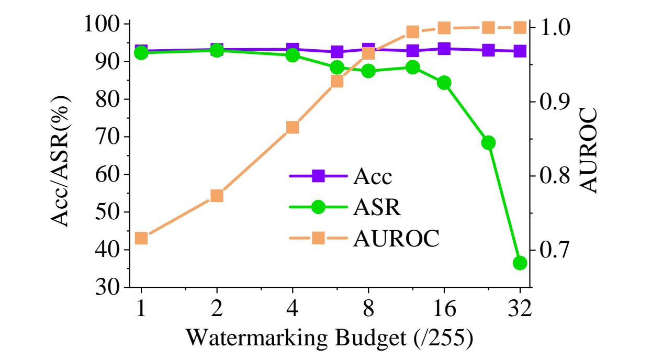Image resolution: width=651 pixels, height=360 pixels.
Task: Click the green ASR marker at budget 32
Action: pos(520,263)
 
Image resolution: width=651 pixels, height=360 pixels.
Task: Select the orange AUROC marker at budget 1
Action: pos(141,239)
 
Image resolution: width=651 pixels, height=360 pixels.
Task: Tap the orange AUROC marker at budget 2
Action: pos(217,196)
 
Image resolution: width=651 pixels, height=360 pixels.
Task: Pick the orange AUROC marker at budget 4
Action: pos(293,128)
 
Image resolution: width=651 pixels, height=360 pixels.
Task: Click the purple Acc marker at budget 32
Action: pos(520,51)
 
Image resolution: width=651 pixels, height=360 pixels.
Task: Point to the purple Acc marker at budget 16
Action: pos(444,49)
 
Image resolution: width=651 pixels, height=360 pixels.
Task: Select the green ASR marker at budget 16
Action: pos(444,83)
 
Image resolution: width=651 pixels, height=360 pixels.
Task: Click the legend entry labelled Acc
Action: pos(372,177)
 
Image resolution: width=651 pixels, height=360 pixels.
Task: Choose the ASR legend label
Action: pos(376,208)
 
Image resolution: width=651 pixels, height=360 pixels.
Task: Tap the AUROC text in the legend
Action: pos(396,239)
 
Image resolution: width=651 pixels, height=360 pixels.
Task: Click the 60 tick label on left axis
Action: pos(108,175)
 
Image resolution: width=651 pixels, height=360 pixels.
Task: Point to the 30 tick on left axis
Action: pos(108,287)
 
